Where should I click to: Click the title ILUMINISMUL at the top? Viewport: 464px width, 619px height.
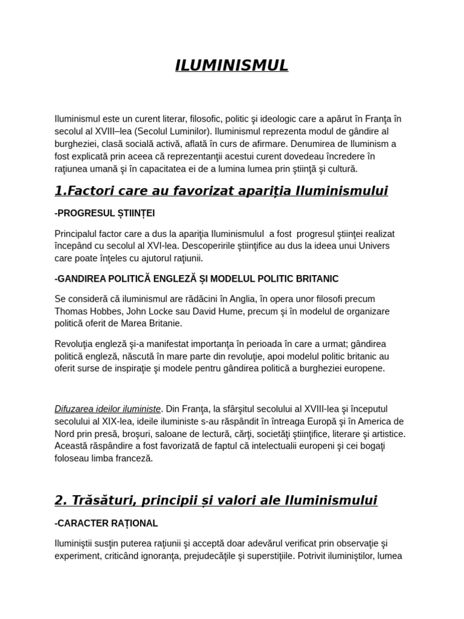tap(231, 65)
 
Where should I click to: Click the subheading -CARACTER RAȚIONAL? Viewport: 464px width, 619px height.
tap(106, 523)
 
